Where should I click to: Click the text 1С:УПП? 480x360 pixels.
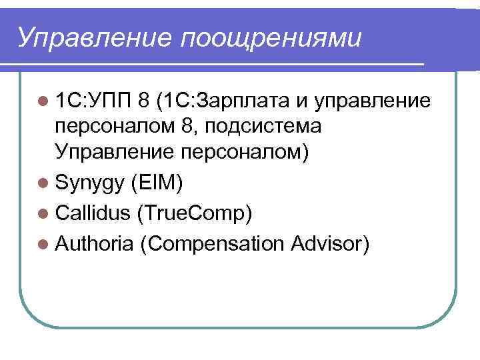coord(93,101)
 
